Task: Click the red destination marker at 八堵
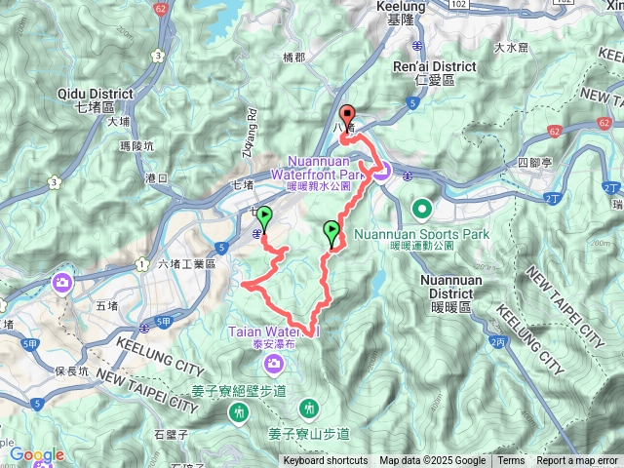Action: pyautogui.click(x=346, y=113)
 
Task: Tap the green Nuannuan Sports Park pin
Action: pyautogui.click(x=422, y=208)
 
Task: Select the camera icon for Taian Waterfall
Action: pyautogui.click(x=274, y=364)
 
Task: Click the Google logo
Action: pyautogui.click(x=36, y=454)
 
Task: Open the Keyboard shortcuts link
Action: pyautogui.click(x=326, y=461)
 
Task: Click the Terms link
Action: pyautogui.click(x=511, y=461)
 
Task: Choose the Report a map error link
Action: pyautogui.click(x=577, y=461)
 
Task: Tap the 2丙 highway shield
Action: pyautogui.click(x=499, y=343)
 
